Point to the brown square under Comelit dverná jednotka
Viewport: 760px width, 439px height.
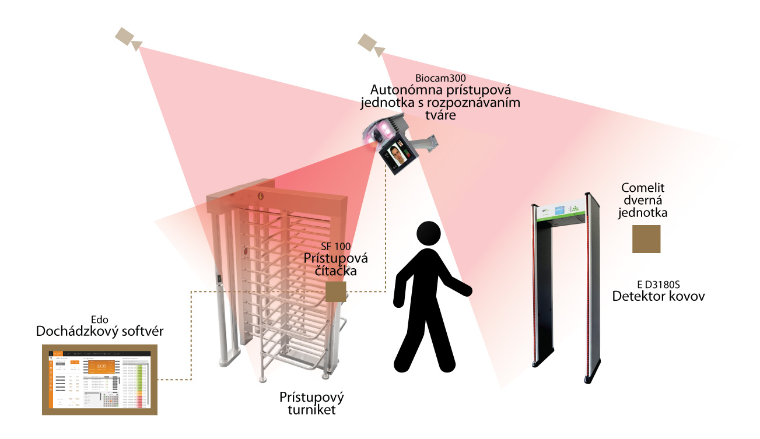click(646, 238)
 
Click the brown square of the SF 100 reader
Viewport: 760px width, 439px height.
click(336, 292)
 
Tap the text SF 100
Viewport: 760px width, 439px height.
click(337, 247)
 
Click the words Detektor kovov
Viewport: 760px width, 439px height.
click(659, 296)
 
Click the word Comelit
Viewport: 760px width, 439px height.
click(643, 188)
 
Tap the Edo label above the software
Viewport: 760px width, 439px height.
click(100, 319)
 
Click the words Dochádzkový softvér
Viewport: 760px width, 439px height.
click(100, 332)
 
